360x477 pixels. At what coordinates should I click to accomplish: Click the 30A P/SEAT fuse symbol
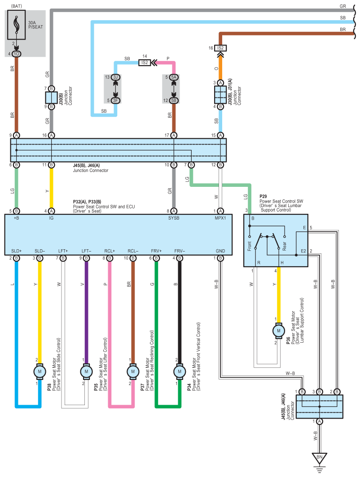(x=17, y=25)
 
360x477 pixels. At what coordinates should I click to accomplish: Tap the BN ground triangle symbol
(x=319, y=458)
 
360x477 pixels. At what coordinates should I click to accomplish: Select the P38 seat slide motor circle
(x=40, y=371)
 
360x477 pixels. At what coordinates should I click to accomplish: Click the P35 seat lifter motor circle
(x=86, y=371)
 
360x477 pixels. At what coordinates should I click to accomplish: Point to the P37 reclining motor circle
(x=133, y=371)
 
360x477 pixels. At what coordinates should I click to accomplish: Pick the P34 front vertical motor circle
(x=180, y=371)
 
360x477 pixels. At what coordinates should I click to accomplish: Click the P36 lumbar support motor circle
(x=278, y=331)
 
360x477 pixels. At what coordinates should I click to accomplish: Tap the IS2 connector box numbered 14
(x=145, y=63)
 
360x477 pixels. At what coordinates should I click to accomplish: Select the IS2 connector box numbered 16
(x=220, y=48)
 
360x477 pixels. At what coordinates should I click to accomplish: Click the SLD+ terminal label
(x=17, y=251)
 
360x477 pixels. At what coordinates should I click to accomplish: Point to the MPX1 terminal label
(x=220, y=218)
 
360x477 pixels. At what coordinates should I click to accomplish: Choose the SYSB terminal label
(x=174, y=218)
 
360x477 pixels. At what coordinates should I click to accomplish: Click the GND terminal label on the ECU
(x=220, y=251)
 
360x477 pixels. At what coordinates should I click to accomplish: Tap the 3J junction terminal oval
(x=115, y=77)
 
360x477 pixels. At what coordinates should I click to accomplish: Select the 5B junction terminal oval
(x=174, y=101)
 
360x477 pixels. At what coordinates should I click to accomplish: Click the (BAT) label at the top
(x=17, y=6)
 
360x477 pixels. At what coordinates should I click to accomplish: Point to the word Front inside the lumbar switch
(x=250, y=246)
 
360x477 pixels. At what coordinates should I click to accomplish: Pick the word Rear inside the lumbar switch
(x=285, y=246)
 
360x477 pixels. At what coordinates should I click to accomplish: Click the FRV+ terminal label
(x=156, y=251)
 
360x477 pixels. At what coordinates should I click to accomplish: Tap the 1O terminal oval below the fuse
(x=17, y=54)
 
